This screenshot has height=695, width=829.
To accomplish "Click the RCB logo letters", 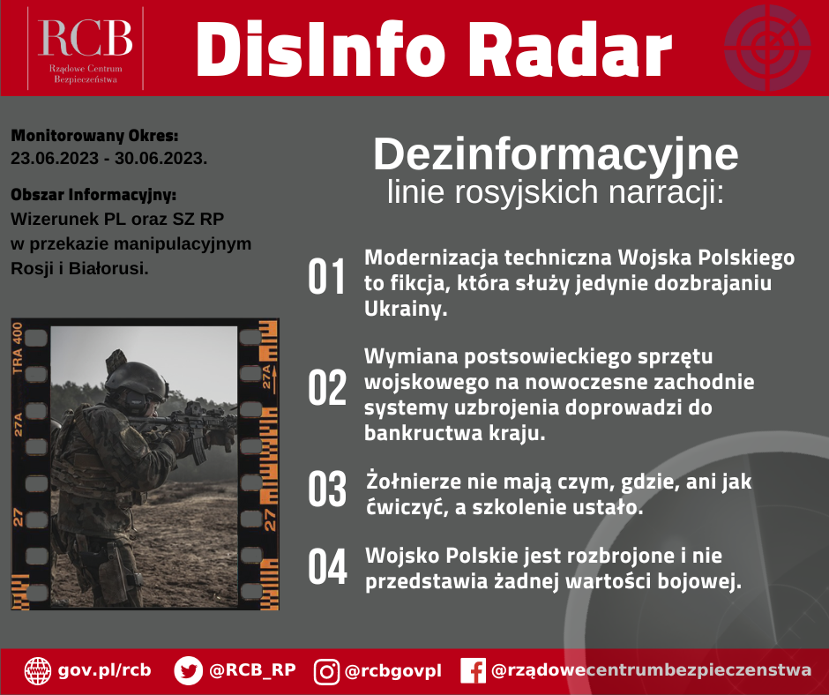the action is (x=85, y=38).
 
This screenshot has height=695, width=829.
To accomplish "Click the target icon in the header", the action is (x=767, y=48).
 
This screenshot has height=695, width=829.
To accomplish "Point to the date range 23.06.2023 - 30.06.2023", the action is (x=108, y=158).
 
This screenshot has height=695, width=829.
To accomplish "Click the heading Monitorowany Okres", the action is (x=94, y=136).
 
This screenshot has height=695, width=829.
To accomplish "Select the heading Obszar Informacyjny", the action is (x=93, y=195).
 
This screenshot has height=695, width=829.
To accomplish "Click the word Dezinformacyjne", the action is (x=556, y=154).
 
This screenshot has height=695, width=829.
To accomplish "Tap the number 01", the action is (x=326, y=276).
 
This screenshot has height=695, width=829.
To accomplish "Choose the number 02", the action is (x=327, y=388).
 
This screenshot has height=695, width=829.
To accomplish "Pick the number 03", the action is (x=327, y=489).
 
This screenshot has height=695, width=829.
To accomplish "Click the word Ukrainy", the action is (x=406, y=309).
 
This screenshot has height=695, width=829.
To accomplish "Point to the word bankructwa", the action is (x=422, y=433).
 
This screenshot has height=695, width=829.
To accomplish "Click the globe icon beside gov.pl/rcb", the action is (x=38, y=670).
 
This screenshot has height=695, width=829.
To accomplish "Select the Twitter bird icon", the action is (x=188, y=670).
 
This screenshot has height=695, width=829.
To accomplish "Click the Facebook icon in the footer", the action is (x=474, y=670).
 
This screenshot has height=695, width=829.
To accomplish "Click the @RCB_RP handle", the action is (x=252, y=670).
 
